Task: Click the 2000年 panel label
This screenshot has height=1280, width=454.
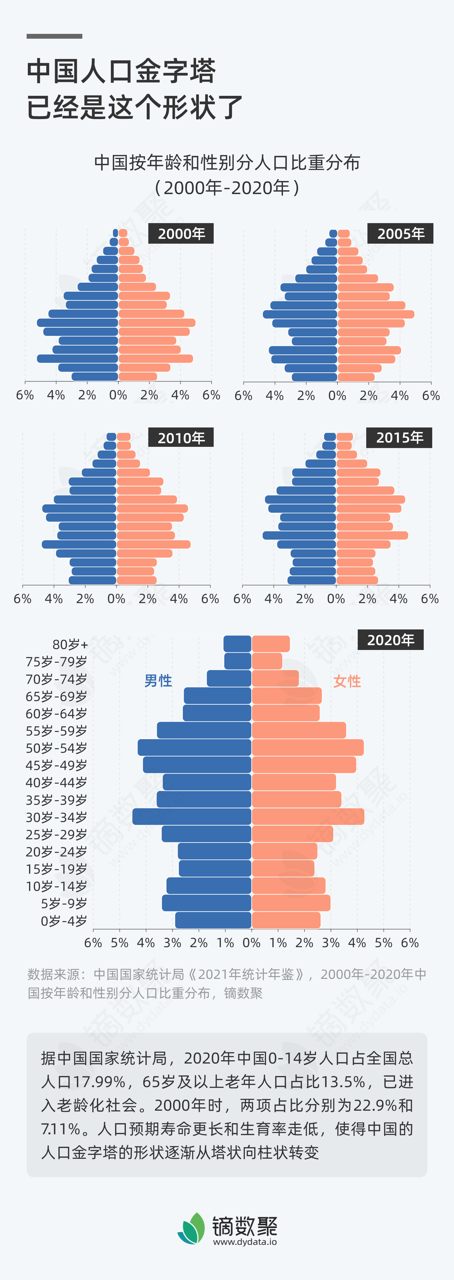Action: click(x=181, y=234)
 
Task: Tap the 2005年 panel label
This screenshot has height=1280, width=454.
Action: click(x=400, y=234)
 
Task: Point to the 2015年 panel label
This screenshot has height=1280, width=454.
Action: click(x=399, y=437)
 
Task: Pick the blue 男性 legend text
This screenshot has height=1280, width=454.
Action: click(x=158, y=681)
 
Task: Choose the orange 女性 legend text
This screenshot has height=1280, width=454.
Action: click(x=347, y=681)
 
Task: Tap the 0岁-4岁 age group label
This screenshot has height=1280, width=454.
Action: click(x=64, y=921)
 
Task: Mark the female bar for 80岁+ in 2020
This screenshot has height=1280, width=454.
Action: click(x=271, y=644)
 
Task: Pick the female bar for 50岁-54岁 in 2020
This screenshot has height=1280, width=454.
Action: click(x=307, y=748)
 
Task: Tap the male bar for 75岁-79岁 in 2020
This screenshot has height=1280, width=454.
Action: click(x=238, y=661)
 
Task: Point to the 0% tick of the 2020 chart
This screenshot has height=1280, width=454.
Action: click(x=252, y=943)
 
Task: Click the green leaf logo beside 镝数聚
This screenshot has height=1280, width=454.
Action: click(x=192, y=1228)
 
